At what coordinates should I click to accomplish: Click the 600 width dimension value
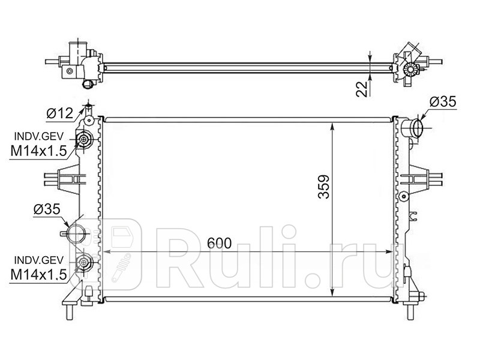click(x=219, y=243)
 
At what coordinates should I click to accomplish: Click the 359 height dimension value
click(x=323, y=187)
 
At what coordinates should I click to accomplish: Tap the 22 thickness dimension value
click(x=362, y=89)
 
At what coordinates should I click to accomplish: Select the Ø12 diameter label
click(x=60, y=113)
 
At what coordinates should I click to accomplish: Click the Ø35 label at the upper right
click(x=443, y=101)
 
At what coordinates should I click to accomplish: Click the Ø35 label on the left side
click(x=47, y=209)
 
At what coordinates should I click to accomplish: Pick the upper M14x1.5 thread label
click(x=38, y=151)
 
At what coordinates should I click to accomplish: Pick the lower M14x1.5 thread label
click(x=38, y=274)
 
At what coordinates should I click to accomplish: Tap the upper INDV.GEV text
click(x=39, y=136)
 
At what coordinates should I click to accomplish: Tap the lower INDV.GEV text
click(x=39, y=260)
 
